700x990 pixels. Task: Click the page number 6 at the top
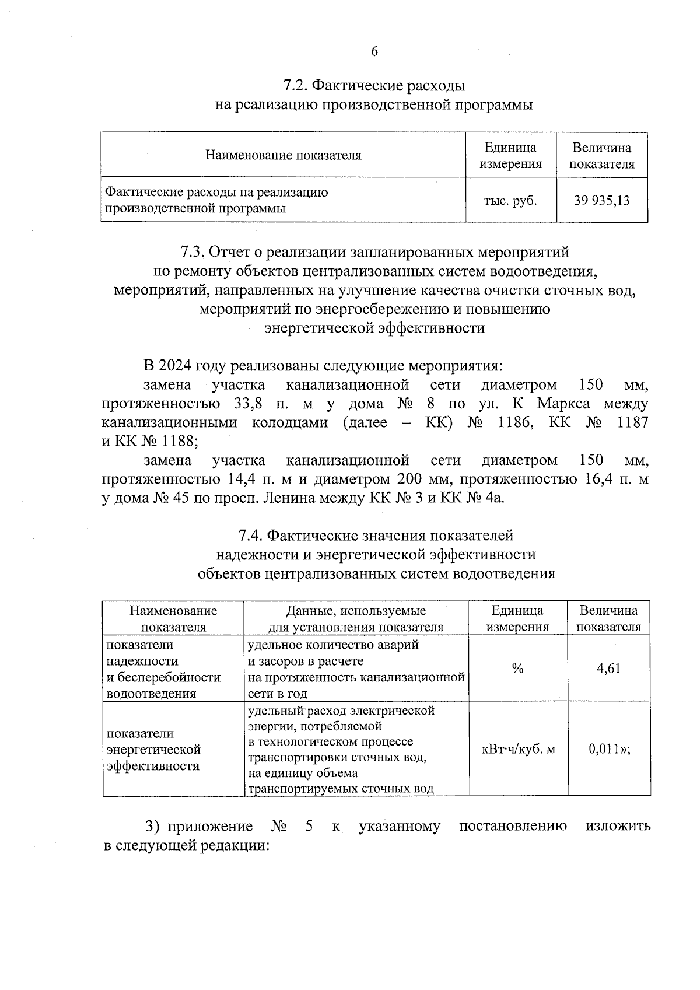click(374, 51)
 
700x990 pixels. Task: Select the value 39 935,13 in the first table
click(601, 201)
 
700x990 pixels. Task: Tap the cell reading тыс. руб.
click(510, 201)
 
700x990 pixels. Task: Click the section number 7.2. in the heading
click(296, 86)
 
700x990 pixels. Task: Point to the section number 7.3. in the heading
click(192, 252)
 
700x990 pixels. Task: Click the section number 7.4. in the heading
click(251, 535)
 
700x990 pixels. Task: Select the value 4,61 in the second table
click(608, 669)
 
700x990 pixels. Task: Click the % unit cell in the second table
click(517, 669)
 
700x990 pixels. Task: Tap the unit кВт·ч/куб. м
click(518, 749)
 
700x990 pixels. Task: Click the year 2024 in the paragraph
click(175, 366)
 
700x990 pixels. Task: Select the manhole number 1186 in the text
click(515, 422)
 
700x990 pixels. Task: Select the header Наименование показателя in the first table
click(283, 155)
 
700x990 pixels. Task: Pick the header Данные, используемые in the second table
click(356, 611)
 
